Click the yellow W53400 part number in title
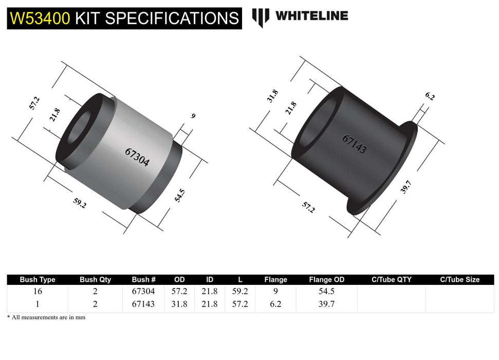coord(40,18)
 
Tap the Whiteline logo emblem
coord(261,17)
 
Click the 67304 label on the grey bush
coord(137,157)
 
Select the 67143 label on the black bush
coord(355,145)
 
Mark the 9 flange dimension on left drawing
coord(193,116)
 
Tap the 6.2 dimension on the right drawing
coord(430,96)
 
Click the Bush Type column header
coord(38,280)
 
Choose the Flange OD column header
coord(326,280)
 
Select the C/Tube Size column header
coord(459,280)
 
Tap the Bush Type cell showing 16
coord(38,292)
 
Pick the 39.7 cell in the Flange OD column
coord(326,304)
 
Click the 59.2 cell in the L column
coord(240,292)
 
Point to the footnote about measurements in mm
coord(46,317)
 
